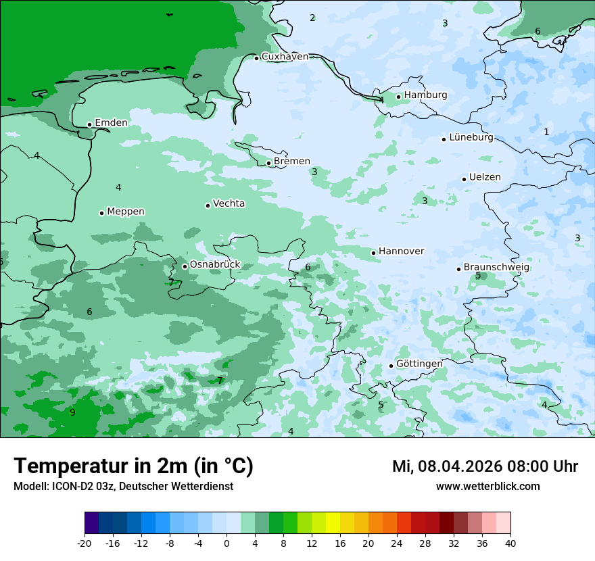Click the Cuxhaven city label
(x=285, y=57)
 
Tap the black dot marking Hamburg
(x=399, y=97)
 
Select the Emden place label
(x=111, y=122)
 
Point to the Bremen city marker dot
(x=268, y=163)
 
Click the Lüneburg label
(x=471, y=138)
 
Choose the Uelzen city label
(x=485, y=177)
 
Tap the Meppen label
(x=126, y=212)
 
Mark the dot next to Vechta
(x=208, y=205)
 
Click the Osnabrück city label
(x=215, y=265)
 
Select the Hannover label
(x=401, y=251)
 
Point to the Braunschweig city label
(x=496, y=268)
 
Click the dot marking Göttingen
(x=391, y=366)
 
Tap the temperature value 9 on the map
(x=72, y=412)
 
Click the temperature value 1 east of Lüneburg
(x=546, y=132)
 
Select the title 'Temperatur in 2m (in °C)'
(x=133, y=466)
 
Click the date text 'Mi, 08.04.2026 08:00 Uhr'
(x=485, y=466)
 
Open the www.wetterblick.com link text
(x=487, y=487)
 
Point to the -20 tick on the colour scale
(x=85, y=543)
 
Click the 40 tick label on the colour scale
(x=510, y=543)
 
